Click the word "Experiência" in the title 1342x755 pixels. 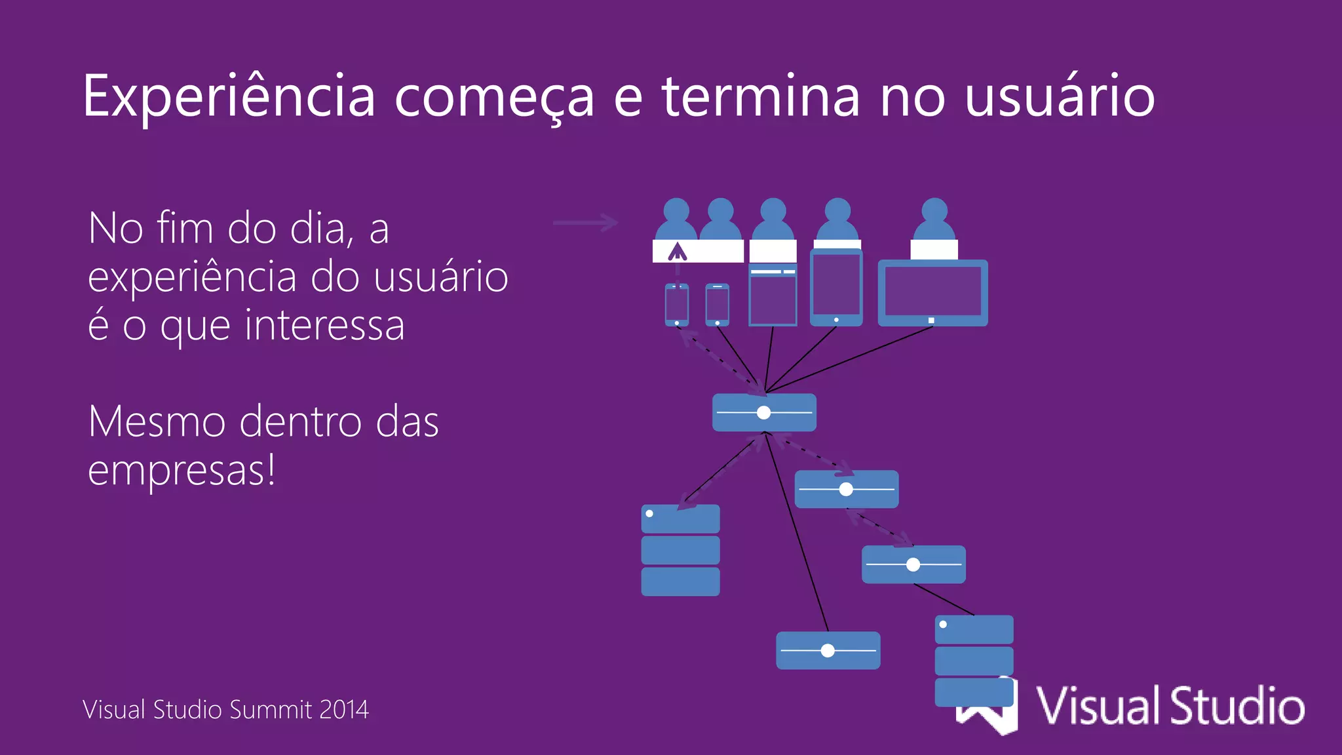tap(229, 97)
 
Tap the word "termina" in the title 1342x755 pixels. tap(760, 97)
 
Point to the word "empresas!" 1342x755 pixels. tap(182, 470)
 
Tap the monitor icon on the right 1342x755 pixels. tap(932, 292)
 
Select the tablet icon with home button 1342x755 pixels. tap(836, 288)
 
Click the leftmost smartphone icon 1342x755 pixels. tap(677, 305)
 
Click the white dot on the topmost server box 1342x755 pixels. tap(763, 413)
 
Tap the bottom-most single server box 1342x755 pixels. tap(828, 650)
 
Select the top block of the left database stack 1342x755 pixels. tap(680, 518)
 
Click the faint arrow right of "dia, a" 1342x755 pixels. tap(585, 223)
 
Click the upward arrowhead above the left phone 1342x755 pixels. tap(677, 251)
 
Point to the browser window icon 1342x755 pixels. tap(773, 296)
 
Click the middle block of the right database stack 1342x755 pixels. tap(974, 661)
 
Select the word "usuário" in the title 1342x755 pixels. tap(1060, 97)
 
